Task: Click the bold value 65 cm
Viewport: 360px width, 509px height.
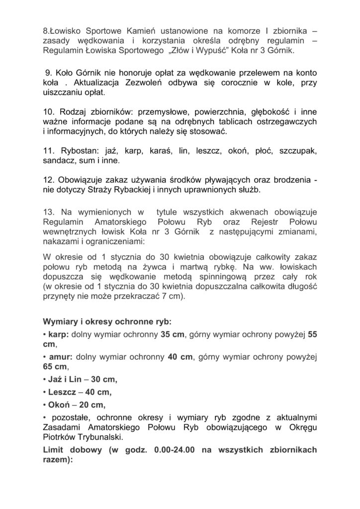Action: click(54, 367)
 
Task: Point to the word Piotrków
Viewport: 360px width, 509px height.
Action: click(61, 437)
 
